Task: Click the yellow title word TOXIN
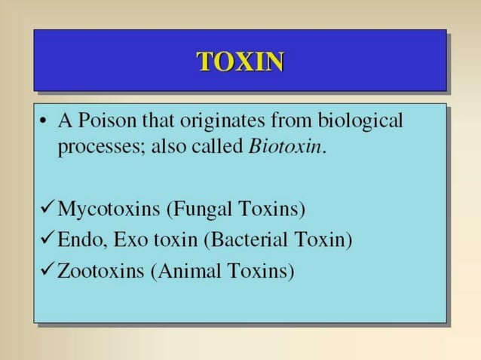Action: coord(240,62)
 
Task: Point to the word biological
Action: coord(360,121)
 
